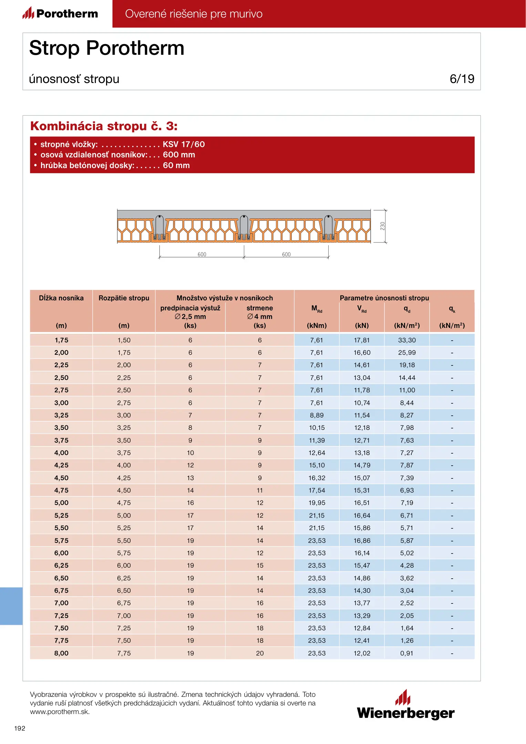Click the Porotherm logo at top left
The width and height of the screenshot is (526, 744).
click(61, 13)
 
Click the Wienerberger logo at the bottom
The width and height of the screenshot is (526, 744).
click(405, 706)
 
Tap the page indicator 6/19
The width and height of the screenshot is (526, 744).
click(462, 79)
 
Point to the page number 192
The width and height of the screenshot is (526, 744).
click(20, 728)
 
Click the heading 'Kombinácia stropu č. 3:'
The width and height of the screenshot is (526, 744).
click(104, 126)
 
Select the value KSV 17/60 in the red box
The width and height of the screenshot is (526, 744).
click(184, 144)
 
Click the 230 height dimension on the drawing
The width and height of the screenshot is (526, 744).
click(382, 226)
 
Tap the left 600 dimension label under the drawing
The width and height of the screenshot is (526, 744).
click(202, 255)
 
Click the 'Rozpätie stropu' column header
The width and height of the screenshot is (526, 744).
click(124, 298)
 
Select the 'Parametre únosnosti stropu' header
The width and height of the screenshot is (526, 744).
click(384, 298)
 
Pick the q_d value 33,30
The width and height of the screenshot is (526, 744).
click(407, 340)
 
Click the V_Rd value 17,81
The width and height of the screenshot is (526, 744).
click(362, 340)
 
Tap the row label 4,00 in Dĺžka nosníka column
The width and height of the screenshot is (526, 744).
click(61, 453)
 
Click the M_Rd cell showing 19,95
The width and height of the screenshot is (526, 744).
click(317, 503)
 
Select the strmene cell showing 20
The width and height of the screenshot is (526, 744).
click(260, 653)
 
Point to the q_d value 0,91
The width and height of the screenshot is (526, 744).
click(407, 653)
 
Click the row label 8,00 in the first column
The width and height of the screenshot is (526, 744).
click(61, 653)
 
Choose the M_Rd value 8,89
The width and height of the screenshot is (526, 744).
click(317, 415)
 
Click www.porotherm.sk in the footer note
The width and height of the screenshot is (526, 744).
click(60, 712)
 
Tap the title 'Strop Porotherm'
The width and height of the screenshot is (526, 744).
click(107, 48)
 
